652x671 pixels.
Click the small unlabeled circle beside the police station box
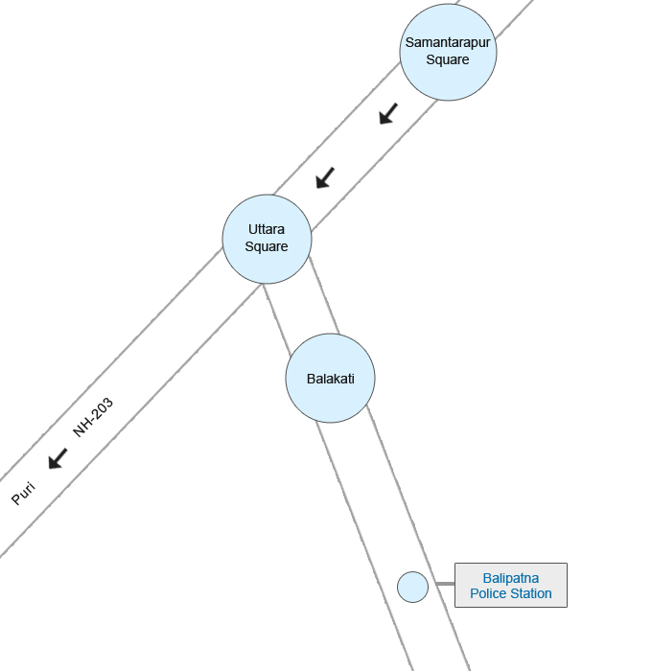click(412, 587)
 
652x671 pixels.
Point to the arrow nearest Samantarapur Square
click(388, 114)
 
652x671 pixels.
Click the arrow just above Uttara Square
click(325, 177)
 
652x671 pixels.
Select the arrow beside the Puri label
click(58, 458)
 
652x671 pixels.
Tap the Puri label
click(23, 494)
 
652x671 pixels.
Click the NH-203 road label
click(93, 417)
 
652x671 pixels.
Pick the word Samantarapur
click(448, 43)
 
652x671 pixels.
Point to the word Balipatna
click(511, 578)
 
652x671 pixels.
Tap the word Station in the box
click(531, 593)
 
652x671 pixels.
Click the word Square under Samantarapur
click(448, 59)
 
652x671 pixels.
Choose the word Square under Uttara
click(267, 246)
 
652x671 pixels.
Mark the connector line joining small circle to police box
click(441, 584)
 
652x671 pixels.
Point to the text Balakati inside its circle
click(331, 379)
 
